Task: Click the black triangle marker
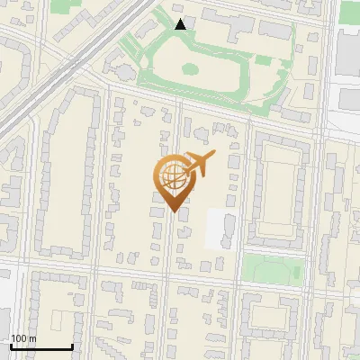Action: [x=181, y=24]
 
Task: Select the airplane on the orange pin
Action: [x=199, y=164]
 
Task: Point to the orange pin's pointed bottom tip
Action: [x=174, y=211]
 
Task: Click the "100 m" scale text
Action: [x=24, y=338]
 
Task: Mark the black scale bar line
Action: [x=41, y=347]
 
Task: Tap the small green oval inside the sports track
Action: [x=190, y=68]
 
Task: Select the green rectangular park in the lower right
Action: [x=273, y=268]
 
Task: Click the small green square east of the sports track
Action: [x=263, y=60]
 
